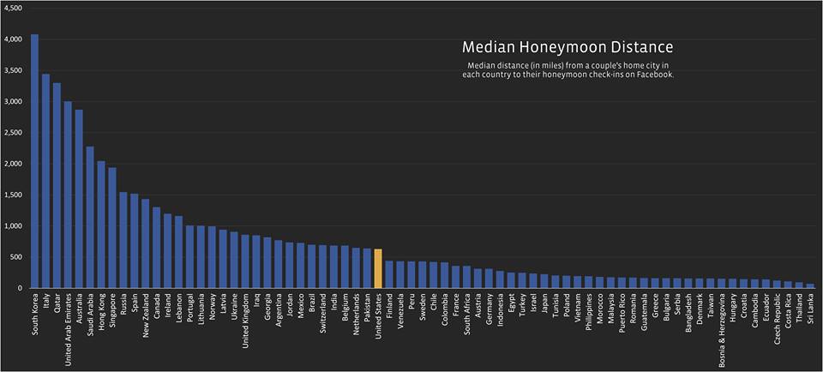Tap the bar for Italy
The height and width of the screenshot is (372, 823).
tap(45, 181)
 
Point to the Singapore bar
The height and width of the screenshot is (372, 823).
tap(112, 228)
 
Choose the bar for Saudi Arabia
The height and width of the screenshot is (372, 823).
tap(90, 218)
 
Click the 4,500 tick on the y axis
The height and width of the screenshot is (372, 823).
tap(14, 8)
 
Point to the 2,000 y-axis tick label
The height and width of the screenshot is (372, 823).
tap(14, 164)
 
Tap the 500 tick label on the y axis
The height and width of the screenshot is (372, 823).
tap(17, 257)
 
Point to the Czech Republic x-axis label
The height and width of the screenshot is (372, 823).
tap(777, 321)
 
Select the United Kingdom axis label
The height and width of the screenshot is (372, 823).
tap(246, 322)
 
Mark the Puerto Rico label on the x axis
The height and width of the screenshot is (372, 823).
tap(621, 316)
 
